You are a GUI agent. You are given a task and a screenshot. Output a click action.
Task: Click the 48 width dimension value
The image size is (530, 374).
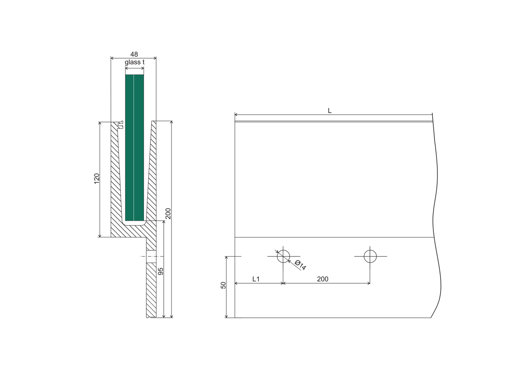(134, 54)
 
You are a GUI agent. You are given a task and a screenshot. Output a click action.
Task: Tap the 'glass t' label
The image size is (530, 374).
(134, 62)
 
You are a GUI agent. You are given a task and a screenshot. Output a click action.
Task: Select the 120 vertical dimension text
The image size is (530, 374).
(97, 178)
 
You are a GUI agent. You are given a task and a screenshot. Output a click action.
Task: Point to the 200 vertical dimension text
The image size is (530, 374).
(168, 214)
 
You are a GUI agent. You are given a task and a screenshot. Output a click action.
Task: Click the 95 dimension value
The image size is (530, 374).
(161, 271)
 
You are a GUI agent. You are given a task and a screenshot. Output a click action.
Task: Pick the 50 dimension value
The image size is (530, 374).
(223, 285)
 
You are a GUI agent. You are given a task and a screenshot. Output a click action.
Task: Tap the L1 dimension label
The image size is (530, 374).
(256, 279)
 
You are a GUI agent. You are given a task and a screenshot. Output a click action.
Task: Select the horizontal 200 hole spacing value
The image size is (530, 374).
(322, 279)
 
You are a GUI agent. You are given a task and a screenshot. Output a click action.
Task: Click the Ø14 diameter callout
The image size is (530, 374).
(300, 265)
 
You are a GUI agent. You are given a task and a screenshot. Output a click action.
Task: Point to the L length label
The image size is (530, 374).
(330, 111)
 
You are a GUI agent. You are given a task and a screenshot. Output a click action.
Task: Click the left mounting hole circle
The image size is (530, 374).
(283, 256)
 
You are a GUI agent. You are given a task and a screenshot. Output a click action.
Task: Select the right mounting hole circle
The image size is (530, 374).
(370, 256)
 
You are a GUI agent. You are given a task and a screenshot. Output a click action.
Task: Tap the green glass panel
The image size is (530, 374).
(134, 148)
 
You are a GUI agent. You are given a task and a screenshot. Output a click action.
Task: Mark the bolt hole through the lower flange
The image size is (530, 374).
(151, 256)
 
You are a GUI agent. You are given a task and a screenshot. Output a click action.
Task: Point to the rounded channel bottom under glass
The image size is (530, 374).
(134, 223)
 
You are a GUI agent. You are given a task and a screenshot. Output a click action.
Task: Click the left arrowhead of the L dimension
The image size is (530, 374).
(236, 114)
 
